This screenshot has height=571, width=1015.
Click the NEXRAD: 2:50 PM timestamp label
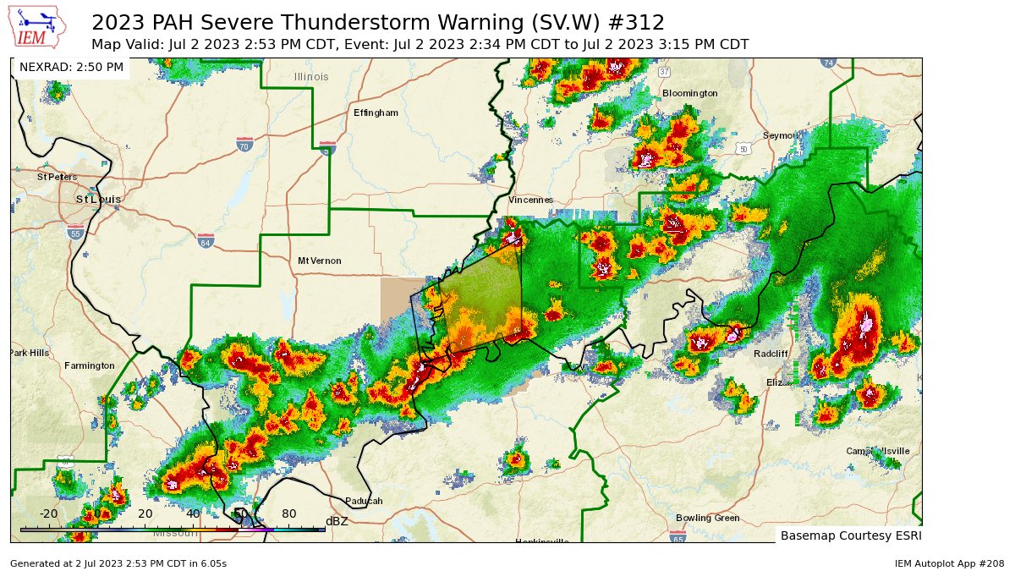(x=71, y=67)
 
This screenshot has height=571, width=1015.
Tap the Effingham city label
(x=376, y=113)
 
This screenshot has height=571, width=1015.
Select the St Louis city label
(x=98, y=199)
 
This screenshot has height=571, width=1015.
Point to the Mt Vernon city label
(x=319, y=261)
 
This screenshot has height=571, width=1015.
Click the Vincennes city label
(x=530, y=200)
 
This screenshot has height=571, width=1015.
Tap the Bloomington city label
(x=689, y=93)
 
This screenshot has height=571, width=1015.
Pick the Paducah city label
(x=364, y=501)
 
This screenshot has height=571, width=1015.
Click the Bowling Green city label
(x=707, y=518)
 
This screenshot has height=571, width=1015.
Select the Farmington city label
(x=89, y=365)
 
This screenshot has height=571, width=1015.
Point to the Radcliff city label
(x=771, y=354)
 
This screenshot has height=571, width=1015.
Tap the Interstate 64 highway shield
(x=206, y=240)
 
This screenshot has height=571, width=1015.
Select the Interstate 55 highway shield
(x=75, y=232)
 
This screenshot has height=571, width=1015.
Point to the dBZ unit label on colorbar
(x=337, y=521)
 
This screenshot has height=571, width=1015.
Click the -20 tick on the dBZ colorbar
(x=48, y=513)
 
